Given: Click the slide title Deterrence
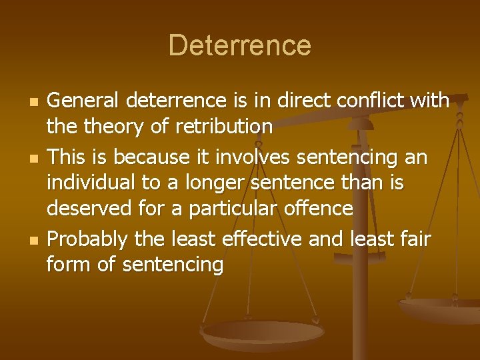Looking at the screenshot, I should point(239,45).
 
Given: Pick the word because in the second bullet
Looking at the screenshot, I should point(147,157).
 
